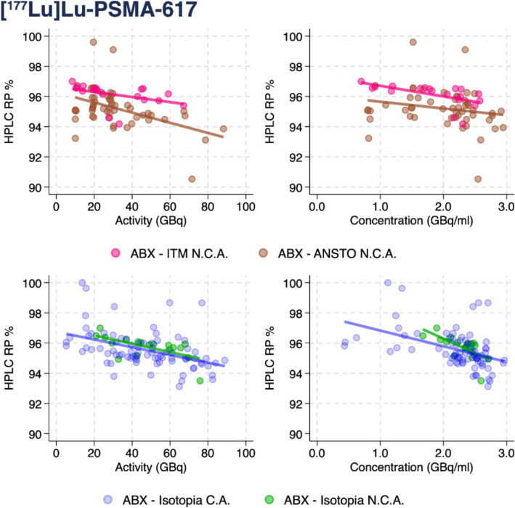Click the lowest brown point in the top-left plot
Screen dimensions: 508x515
click(192, 179)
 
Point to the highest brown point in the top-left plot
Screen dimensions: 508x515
click(94, 42)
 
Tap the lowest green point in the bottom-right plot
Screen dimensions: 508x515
click(481, 381)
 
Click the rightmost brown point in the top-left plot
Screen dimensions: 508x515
click(224, 129)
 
